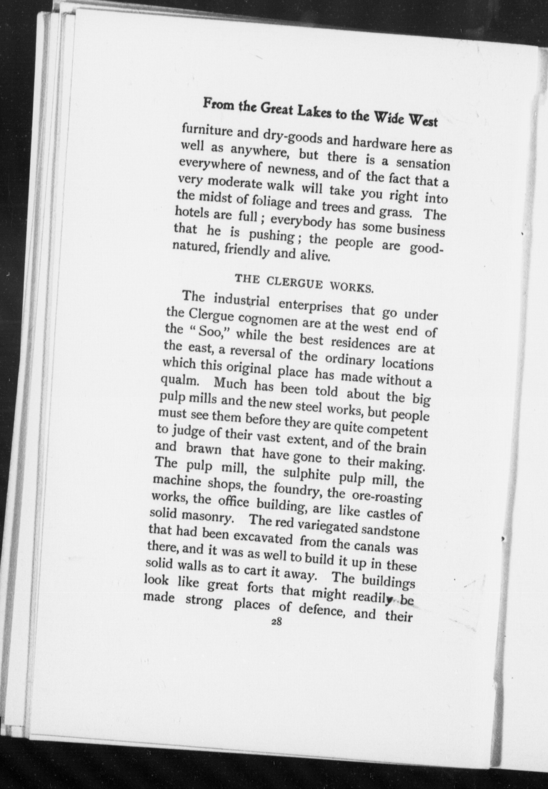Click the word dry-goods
pos(293,139)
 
